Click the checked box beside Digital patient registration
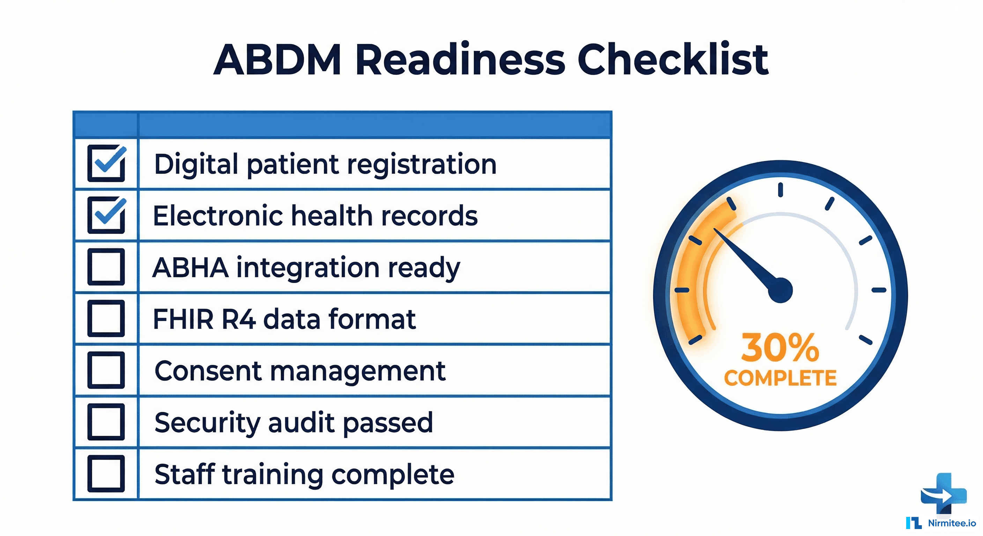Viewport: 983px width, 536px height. (x=106, y=164)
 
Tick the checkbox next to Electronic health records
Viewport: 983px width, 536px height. (x=106, y=216)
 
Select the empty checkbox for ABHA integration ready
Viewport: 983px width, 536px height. (x=106, y=267)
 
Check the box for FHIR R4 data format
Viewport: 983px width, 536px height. (x=106, y=318)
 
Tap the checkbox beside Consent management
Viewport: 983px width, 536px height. (x=106, y=370)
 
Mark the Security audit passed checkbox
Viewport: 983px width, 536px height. (x=106, y=422)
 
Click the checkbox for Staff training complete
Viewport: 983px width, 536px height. (x=106, y=474)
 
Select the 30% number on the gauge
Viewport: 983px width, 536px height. (x=780, y=348)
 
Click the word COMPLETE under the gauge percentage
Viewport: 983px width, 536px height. (x=780, y=378)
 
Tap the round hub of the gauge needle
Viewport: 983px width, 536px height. (x=780, y=290)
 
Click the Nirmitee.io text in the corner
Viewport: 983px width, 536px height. (x=952, y=523)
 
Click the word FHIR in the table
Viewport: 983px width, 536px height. (x=183, y=319)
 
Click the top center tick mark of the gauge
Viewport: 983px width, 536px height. (x=781, y=189)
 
